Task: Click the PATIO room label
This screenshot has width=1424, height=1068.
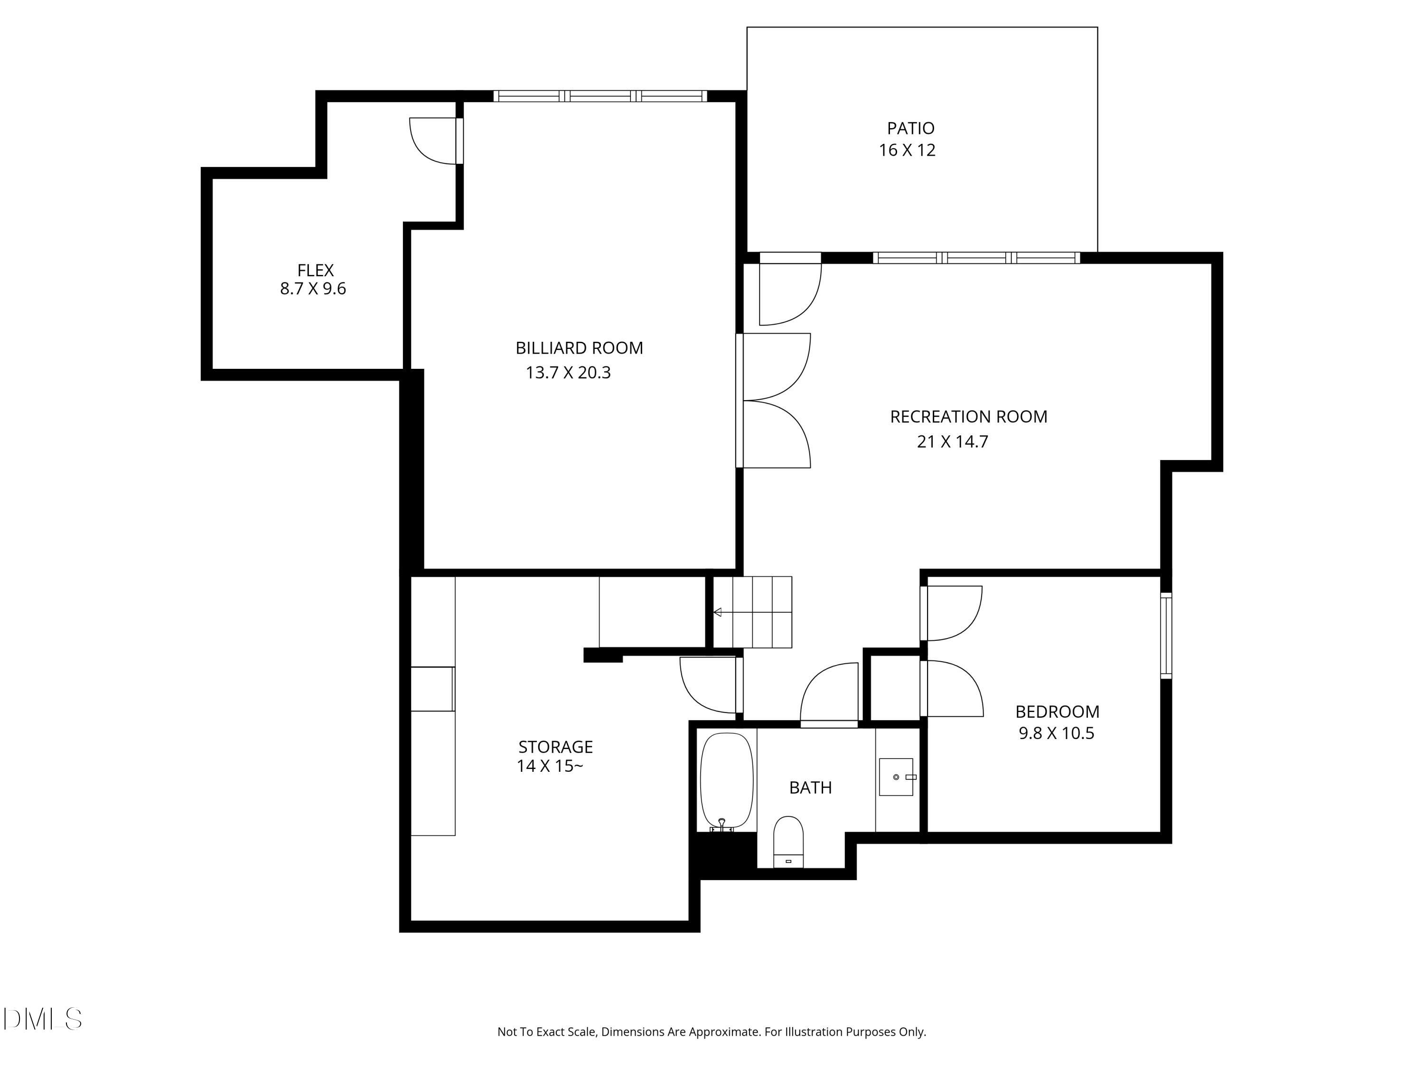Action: tap(910, 129)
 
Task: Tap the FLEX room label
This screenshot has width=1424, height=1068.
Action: tap(316, 271)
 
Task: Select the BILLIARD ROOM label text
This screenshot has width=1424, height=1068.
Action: tap(579, 348)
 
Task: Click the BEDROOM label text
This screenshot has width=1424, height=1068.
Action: tap(1057, 712)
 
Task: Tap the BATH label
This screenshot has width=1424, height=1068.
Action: tap(811, 788)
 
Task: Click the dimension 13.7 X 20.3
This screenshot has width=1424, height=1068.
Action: tap(568, 373)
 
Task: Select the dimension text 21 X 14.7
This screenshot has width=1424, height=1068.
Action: tap(952, 441)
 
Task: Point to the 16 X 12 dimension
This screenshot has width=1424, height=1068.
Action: tap(907, 150)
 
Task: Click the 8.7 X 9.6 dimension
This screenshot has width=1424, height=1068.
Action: tap(313, 289)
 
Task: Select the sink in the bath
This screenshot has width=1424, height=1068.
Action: tap(896, 777)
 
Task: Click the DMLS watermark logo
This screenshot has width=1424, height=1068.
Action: tap(43, 1019)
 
